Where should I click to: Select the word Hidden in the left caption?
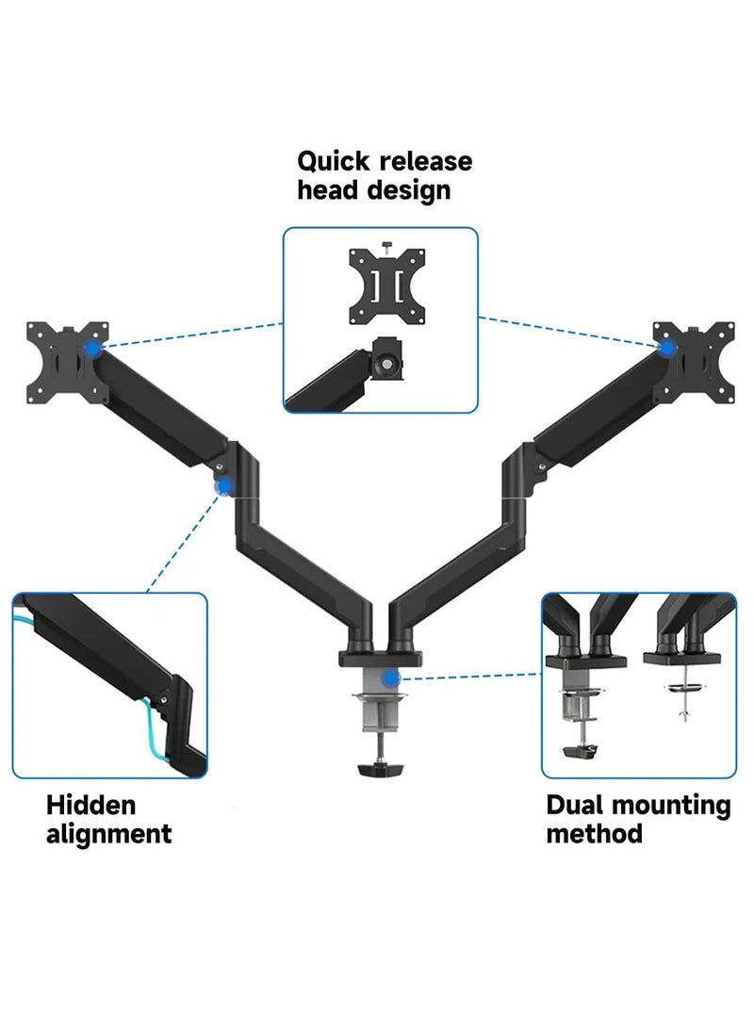(91, 806)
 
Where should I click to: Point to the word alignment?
(109, 834)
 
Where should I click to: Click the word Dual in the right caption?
(575, 806)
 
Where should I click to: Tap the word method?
(595, 834)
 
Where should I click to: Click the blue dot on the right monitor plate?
(667, 349)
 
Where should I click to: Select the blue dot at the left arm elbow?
(224, 486)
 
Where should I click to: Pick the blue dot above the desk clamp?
(389, 677)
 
